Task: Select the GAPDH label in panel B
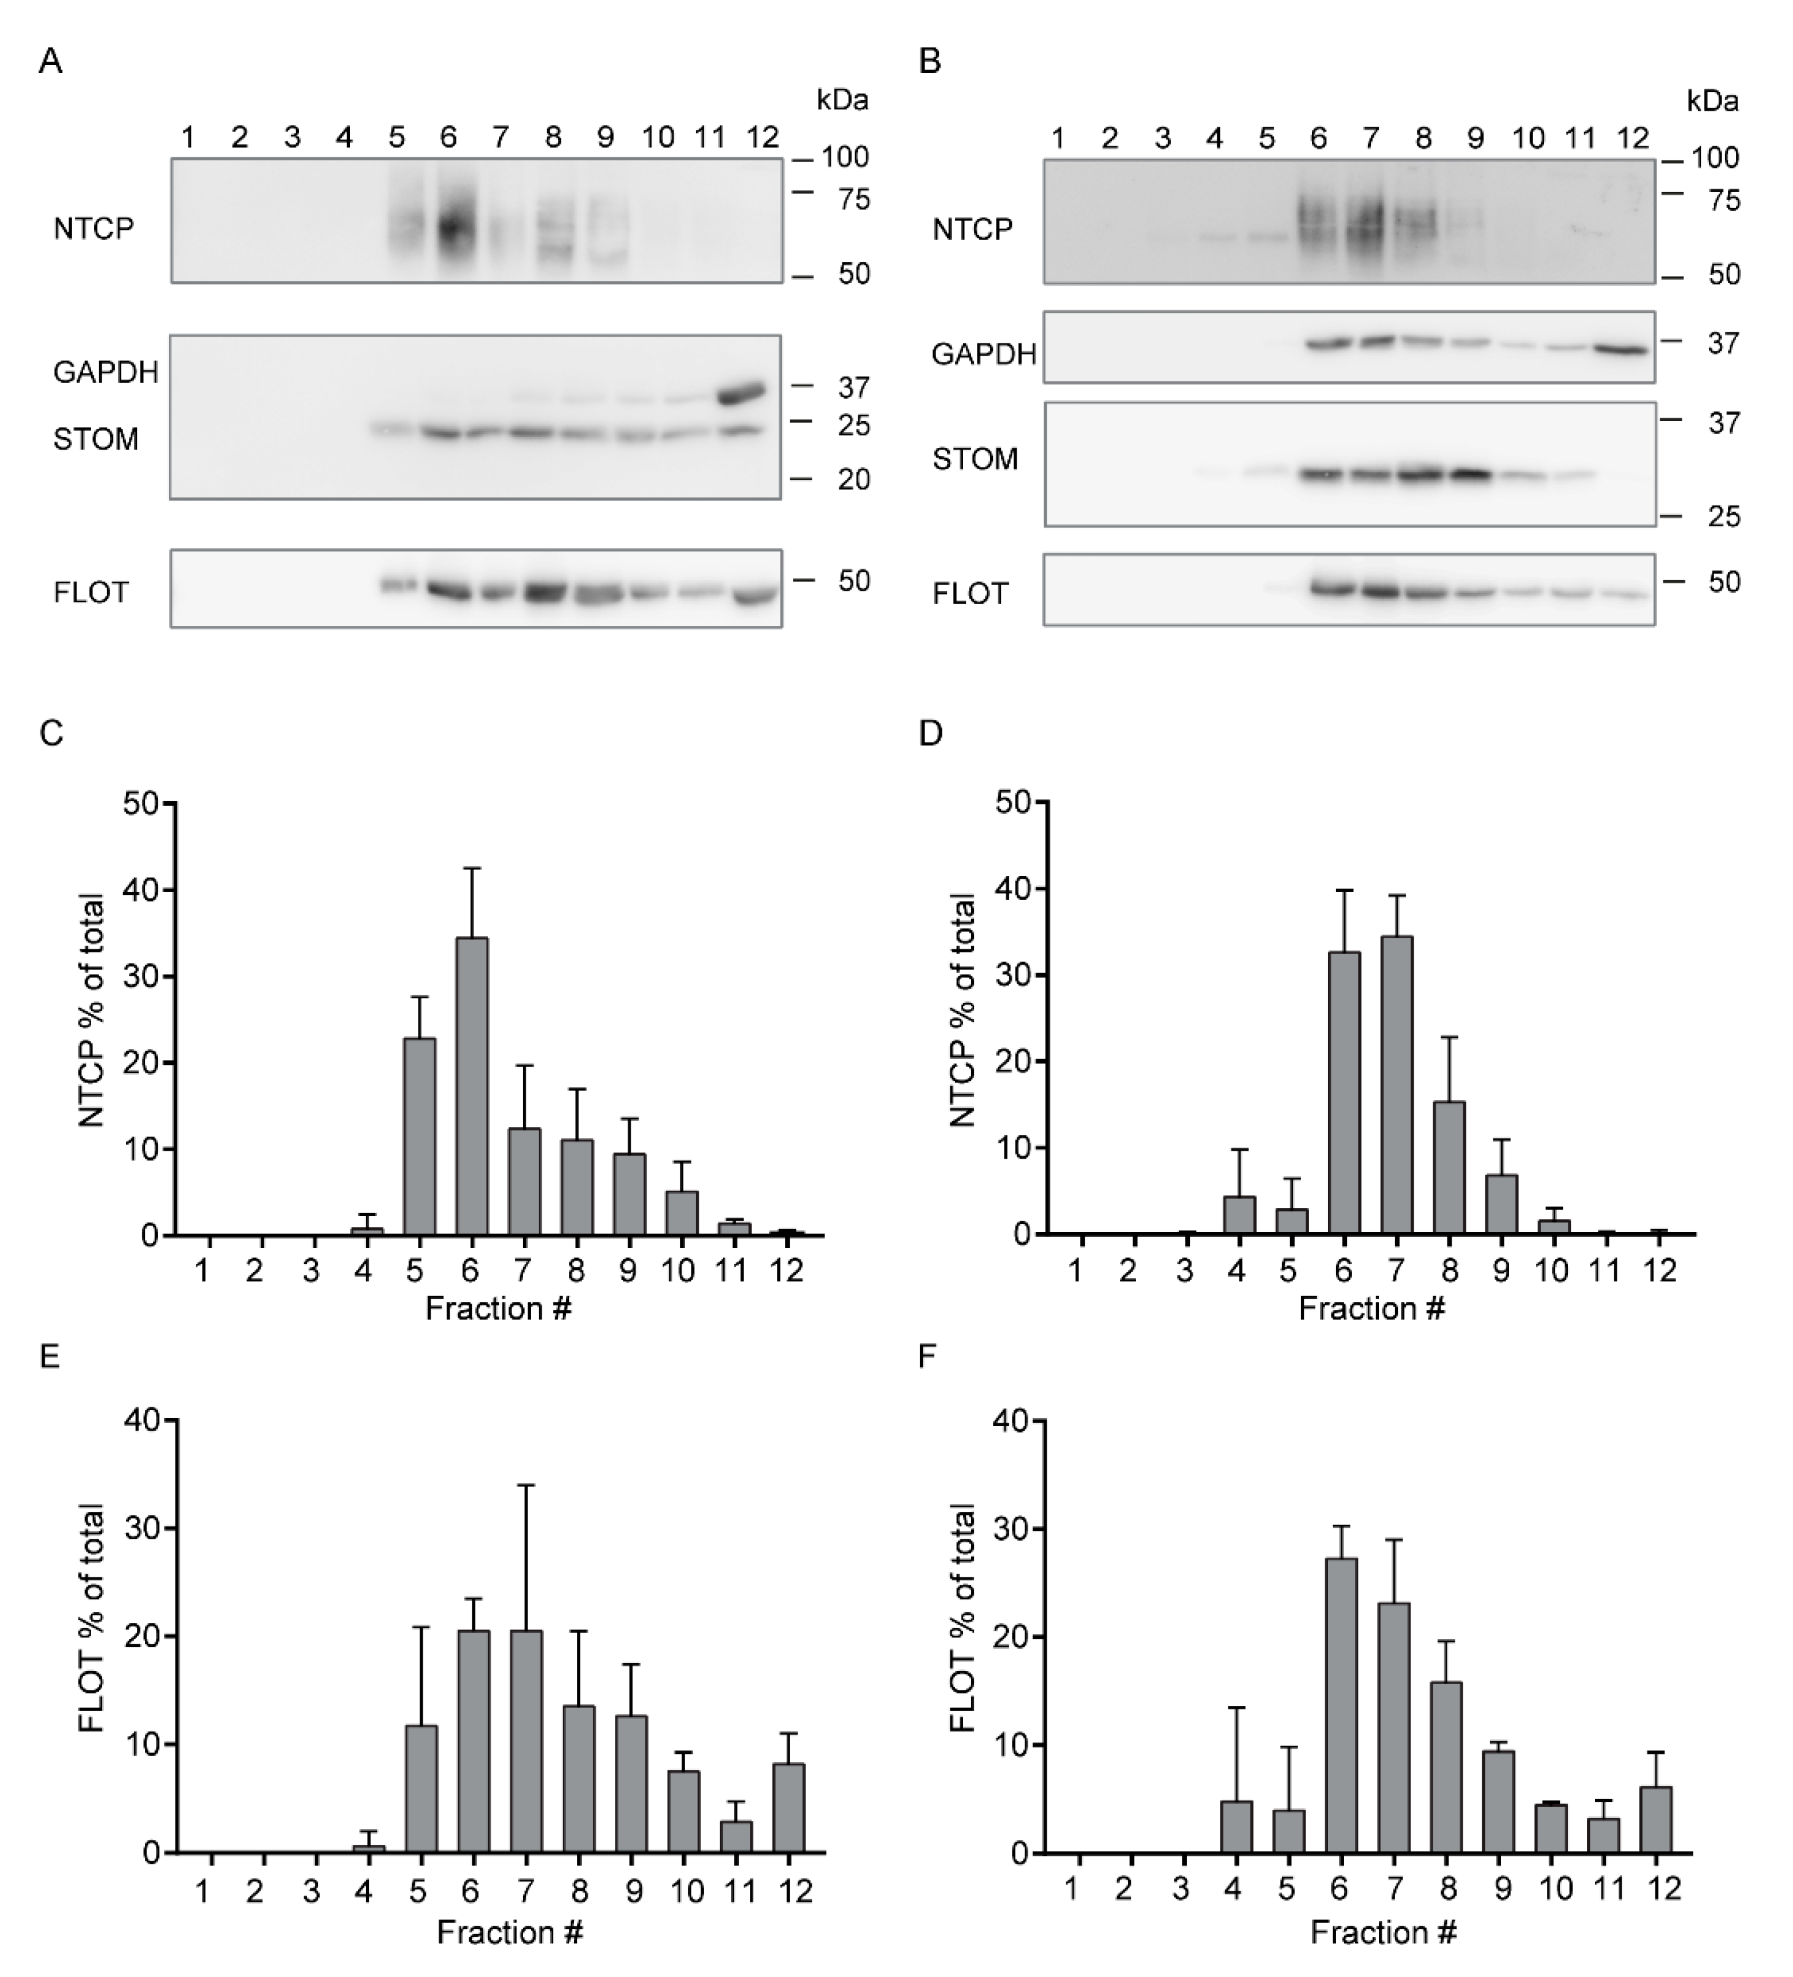[x=983, y=354]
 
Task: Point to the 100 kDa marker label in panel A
[x=844, y=157]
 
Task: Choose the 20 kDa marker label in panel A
[x=854, y=479]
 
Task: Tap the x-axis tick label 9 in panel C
[x=628, y=1271]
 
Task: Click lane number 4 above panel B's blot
[x=1215, y=138]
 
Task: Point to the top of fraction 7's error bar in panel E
[x=527, y=1486]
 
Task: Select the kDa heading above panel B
[x=1712, y=101]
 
